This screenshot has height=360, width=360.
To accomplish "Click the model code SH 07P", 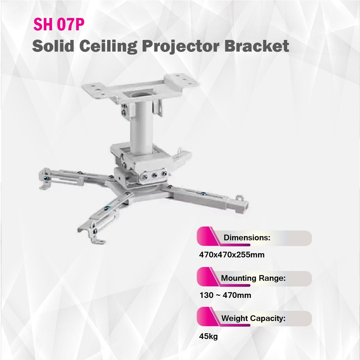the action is tap(59, 24).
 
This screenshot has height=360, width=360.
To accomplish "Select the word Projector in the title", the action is tap(181, 47).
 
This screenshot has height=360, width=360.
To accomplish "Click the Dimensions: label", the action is tap(247, 238).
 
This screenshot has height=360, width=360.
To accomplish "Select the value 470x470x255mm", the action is tap(232, 255).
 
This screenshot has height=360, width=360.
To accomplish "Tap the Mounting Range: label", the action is tap(253, 278).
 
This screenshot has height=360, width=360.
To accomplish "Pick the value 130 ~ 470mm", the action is tap(225, 295).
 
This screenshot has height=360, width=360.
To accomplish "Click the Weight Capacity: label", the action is tap(253, 318).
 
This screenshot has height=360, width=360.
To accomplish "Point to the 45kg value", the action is tap(208, 337).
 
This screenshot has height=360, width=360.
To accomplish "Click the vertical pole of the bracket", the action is tap(142, 127).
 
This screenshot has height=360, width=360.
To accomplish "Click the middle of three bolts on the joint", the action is tap(154, 175).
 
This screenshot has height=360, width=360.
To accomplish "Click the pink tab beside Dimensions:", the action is tap(207, 236).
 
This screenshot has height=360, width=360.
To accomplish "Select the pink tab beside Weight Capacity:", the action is tap(207, 317).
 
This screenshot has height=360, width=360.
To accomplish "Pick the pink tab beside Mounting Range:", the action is tap(207, 277).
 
